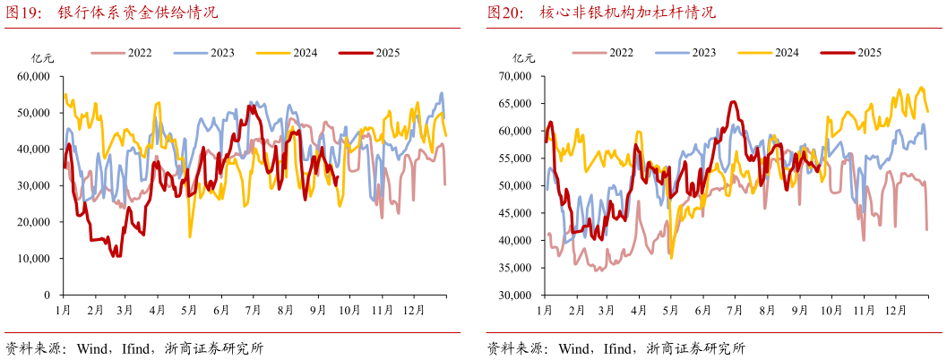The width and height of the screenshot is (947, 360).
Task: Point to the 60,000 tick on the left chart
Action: tap(33, 77)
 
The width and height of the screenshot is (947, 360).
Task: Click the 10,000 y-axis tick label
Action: tap(33, 259)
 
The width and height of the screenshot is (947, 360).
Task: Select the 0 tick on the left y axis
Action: tap(47, 295)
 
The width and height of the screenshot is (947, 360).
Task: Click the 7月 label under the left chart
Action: tap(253, 310)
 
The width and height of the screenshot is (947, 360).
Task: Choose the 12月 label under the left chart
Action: tap(413, 310)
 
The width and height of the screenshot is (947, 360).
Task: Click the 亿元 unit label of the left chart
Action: tap(43, 59)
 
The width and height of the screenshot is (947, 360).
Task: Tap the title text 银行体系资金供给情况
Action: tap(137, 13)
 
